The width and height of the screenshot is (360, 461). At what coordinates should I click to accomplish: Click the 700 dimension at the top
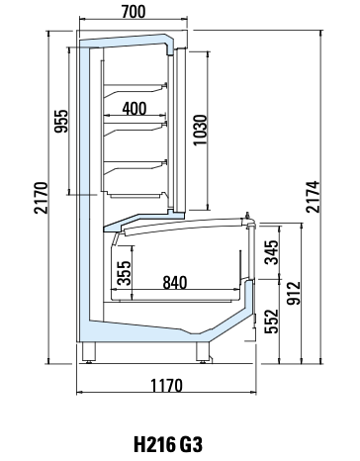click(134, 12)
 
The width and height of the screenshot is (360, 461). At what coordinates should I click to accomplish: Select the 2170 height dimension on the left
click(42, 198)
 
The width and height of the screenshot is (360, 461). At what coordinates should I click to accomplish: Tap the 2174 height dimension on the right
click(313, 197)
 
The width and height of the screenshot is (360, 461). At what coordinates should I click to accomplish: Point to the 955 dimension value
click(61, 121)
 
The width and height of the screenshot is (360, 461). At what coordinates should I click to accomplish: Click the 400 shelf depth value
click(135, 108)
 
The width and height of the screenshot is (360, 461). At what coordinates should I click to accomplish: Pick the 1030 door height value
click(200, 130)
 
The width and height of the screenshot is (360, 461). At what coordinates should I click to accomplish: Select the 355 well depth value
click(124, 273)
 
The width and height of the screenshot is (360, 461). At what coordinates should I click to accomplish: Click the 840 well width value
click(175, 282)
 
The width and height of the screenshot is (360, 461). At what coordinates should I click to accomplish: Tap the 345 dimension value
click(272, 252)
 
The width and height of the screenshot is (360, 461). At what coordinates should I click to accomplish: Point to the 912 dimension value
click(294, 293)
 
